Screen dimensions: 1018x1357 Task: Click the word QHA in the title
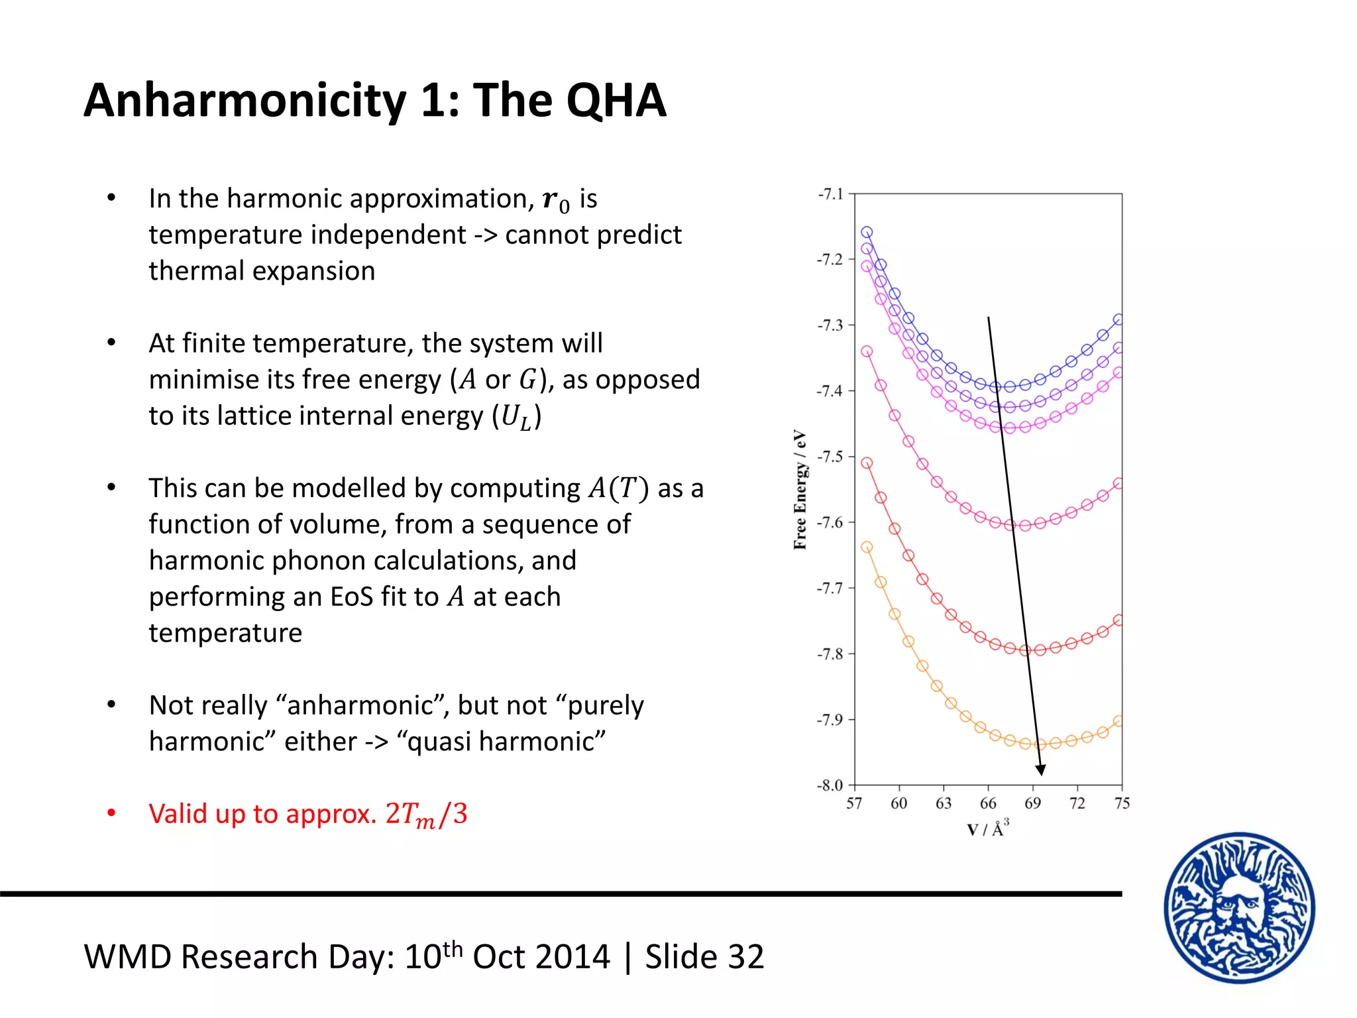point(616,101)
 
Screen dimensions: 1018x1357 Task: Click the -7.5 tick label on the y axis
point(830,457)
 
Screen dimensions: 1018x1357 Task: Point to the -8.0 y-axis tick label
point(830,785)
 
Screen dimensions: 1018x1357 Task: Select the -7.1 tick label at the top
point(831,194)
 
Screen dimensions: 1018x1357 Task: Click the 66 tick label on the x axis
point(988,804)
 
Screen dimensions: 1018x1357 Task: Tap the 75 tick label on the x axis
point(1122,804)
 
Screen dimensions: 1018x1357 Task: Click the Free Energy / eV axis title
point(800,490)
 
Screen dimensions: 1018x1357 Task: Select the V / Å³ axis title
point(988,828)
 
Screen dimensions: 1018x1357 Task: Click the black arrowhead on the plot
point(1040,769)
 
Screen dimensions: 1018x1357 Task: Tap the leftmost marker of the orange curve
point(867,547)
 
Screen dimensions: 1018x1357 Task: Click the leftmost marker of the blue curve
point(867,232)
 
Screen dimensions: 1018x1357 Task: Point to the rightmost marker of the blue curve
point(1118,319)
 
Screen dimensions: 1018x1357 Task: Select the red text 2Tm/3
point(426,814)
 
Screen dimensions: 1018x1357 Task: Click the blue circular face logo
point(1239,907)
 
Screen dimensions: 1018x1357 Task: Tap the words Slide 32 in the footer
point(704,957)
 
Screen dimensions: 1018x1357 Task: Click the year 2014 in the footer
point(574,957)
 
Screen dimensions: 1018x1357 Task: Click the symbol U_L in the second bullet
point(516,417)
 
